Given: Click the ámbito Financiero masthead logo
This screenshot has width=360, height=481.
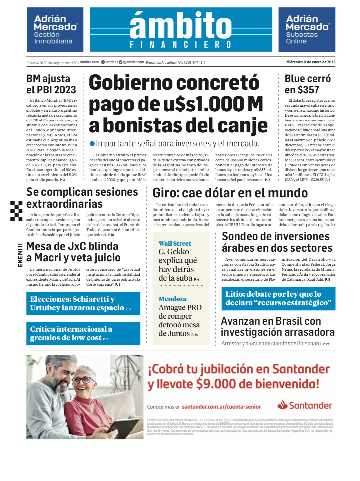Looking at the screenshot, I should pyautogui.click(x=181, y=29).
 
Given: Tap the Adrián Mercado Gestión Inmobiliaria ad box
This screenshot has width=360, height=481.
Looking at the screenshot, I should pyautogui.click(x=55, y=30).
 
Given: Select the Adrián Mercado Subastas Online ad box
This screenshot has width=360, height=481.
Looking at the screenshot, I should pyautogui.click(x=307, y=30).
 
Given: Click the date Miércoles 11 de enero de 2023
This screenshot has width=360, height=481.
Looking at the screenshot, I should pyautogui.click(x=311, y=62).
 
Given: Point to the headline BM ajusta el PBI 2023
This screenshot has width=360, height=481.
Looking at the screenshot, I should pyautogui.click(x=51, y=84).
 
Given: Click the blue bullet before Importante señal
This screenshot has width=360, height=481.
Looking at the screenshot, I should pyautogui.click(x=92, y=144).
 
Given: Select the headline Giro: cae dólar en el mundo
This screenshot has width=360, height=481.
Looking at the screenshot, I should pyautogui.click(x=230, y=193).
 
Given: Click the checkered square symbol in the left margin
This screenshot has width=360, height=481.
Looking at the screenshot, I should pyautogui.click(x=16, y=211).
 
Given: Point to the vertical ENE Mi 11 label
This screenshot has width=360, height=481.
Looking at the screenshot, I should pyautogui.click(x=20, y=255).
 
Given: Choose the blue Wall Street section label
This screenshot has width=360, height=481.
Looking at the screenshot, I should pyautogui.click(x=175, y=244).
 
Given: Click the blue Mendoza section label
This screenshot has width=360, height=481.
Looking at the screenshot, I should pyautogui.click(x=172, y=299).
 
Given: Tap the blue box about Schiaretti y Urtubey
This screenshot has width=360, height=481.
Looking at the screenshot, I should pyautogui.click(x=83, y=303).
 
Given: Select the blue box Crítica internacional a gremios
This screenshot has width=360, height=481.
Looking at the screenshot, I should pyautogui.click(x=83, y=333).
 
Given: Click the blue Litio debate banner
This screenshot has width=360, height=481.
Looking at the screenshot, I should pyautogui.click(x=278, y=299).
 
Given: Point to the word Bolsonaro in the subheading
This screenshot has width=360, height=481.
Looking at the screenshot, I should pyautogui.click(x=309, y=343).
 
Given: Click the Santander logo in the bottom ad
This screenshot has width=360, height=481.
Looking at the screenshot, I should pyautogui.click(x=305, y=405).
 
